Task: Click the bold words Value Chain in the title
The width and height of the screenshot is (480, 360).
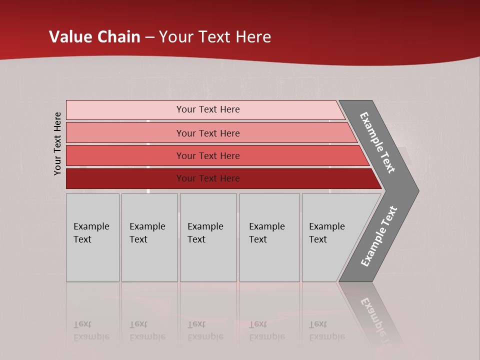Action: (94, 37)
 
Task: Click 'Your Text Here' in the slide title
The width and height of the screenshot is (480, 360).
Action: (215, 37)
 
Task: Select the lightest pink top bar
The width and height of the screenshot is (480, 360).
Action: (125, 110)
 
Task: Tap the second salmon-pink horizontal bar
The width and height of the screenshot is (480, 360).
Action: (125, 133)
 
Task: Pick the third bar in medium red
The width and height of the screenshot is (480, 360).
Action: (125, 155)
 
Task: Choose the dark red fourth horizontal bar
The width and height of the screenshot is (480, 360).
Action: (125, 178)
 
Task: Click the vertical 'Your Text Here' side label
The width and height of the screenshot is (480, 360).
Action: (57, 144)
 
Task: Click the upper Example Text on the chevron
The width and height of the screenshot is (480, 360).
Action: (377, 142)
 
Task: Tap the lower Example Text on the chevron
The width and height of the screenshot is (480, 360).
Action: (378, 236)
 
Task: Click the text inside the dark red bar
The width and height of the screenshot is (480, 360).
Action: (208, 178)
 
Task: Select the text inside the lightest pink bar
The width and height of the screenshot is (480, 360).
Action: (208, 109)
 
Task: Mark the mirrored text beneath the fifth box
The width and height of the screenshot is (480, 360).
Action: (326, 330)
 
